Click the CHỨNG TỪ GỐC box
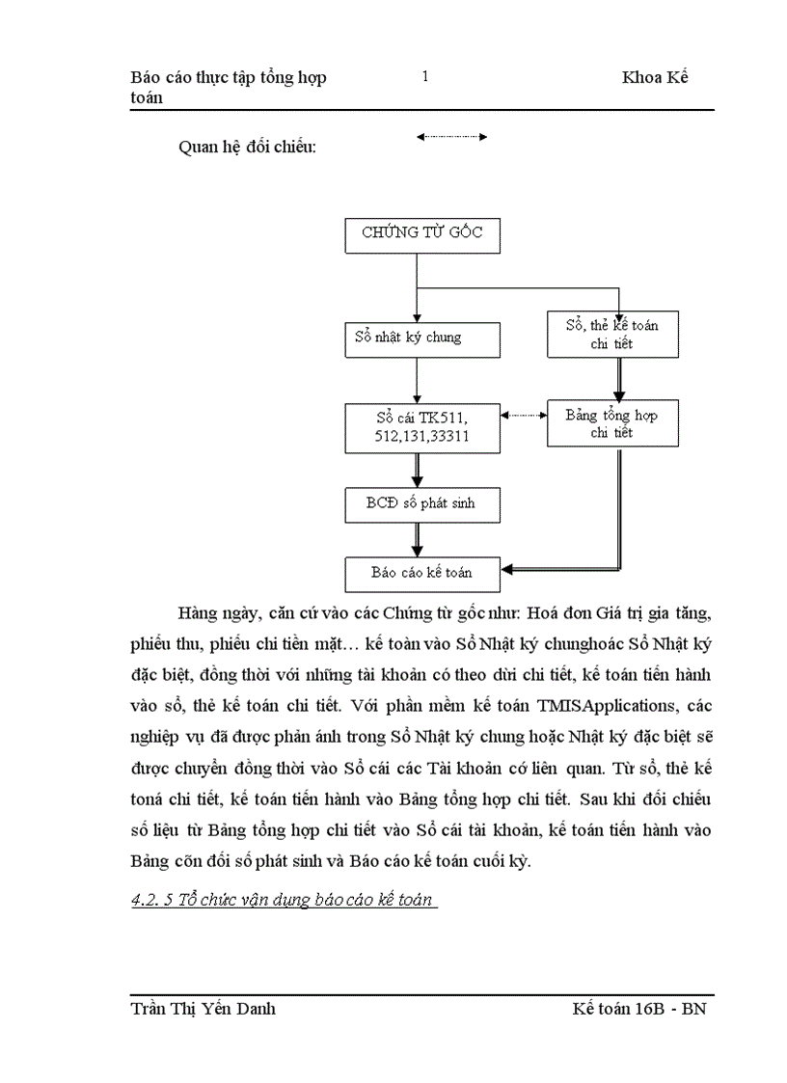click(422, 234)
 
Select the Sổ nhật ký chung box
click(422, 338)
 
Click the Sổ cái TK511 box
click(422, 426)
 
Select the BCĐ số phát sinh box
click(422, 503)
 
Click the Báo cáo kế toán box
click(422, 573)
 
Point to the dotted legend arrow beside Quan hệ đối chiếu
click(451, 138)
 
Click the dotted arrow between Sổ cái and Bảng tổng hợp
click(524, 417)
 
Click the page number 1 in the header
click(424, 77)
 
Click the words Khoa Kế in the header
click(654, 78)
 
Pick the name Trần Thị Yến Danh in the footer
click(203, 1009)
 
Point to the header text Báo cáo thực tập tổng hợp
click(228, 78)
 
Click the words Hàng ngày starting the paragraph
click(216, 614)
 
